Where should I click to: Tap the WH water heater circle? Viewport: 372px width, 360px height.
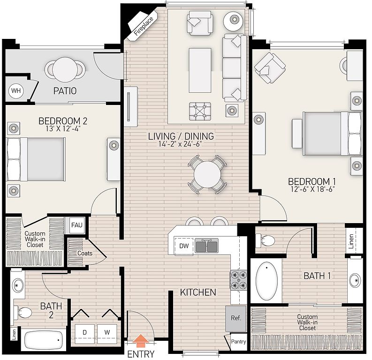pos(16,90)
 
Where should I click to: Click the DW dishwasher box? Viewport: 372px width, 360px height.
pos(184,246)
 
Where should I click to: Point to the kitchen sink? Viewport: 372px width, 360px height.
pos(206,245)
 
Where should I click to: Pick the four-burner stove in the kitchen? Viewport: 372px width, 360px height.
pos(238,280)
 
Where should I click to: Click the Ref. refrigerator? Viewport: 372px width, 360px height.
pos(236,318)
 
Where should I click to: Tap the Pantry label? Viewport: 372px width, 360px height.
pos(238,342)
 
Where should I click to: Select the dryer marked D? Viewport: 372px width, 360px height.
pos(85,333)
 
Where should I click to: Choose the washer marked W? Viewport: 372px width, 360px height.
pos(107,333)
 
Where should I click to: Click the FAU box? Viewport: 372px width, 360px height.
pos(77,225)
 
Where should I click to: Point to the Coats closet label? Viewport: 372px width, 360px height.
pos(85,253)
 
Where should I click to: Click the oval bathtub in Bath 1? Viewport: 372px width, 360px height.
pos(266,281)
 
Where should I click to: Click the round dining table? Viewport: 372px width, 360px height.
pos(207,174)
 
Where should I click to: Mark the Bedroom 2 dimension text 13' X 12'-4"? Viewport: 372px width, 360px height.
pos(63,129)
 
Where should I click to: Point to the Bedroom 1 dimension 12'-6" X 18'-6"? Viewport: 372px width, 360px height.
pos(312,189)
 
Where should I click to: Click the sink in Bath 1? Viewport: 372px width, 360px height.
pos(356,281)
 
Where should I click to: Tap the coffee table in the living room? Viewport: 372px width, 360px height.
pos(200,70)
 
